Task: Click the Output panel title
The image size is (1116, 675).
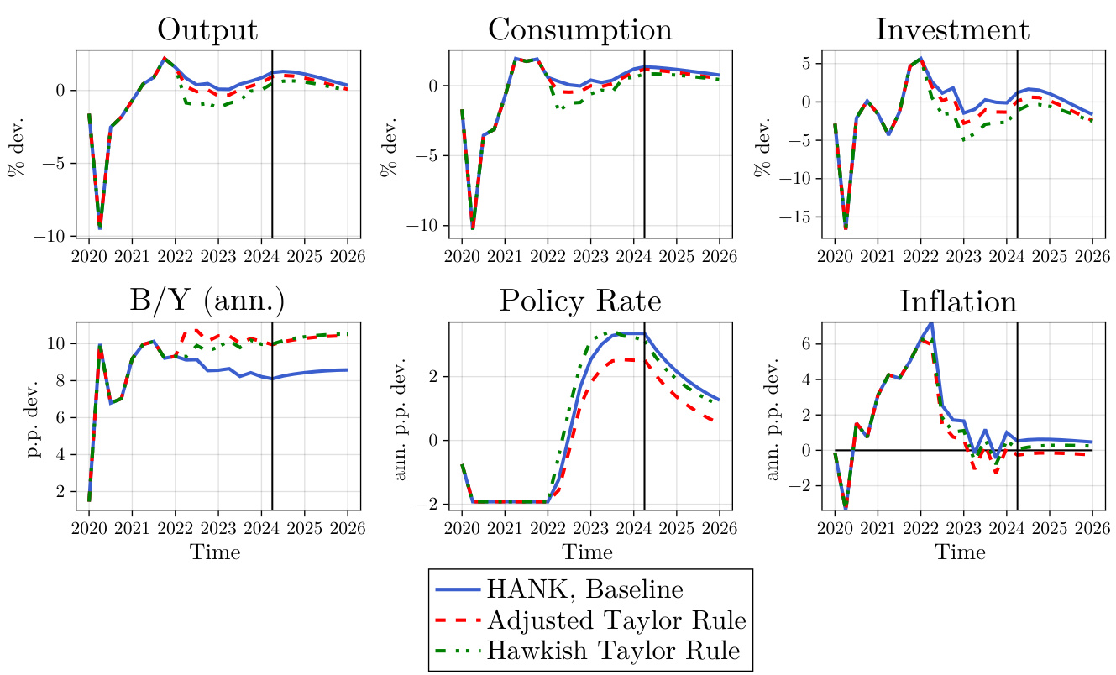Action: tap(207, 30)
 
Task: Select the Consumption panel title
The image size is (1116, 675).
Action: tap(580, 30)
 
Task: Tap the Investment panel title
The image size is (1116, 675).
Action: tap(951, 30)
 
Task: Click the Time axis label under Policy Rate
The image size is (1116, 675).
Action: tap(587, 552)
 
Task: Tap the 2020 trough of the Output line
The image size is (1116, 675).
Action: tap(100, 228)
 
